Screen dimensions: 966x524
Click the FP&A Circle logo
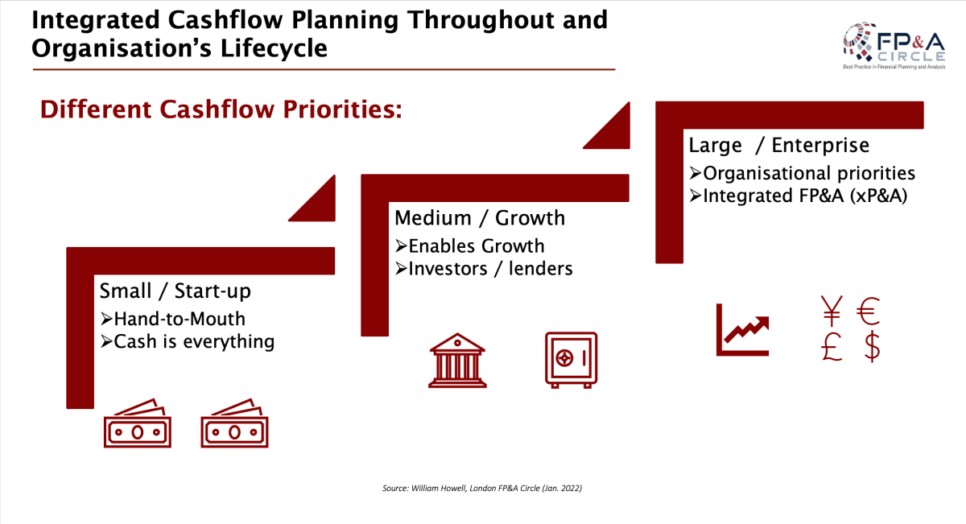point(894,46)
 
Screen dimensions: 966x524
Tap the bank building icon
point(457,361)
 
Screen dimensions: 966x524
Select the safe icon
point(571,360)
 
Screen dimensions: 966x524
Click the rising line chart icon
point(742,330)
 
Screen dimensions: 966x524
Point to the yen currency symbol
point(832,311)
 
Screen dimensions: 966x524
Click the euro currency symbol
point(868,312)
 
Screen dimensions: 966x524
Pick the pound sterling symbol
point(832,347)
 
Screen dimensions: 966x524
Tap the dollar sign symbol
point(872,346)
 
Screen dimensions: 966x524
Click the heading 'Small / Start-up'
point(175,291)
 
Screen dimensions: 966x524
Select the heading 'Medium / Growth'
point(480,218)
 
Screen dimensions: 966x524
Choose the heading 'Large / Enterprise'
point(779,146)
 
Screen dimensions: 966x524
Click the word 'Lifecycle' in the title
point(274,47)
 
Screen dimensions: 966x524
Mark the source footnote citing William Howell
point(482,489)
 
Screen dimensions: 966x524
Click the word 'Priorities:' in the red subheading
point(342,109)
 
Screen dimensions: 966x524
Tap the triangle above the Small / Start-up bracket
point(318,204)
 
